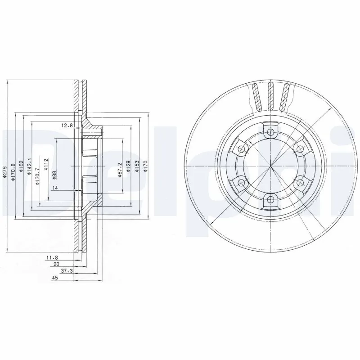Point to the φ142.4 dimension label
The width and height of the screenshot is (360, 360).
[29, 166]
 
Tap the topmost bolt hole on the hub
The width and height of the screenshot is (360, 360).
[270, 132]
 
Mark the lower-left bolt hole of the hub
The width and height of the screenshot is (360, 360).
[241, 182]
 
